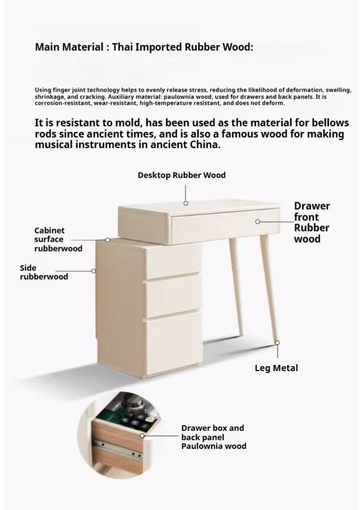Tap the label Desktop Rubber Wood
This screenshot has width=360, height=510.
tap(182, 175)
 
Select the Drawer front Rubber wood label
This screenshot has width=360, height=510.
tap(312, 222)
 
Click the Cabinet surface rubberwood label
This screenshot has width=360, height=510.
tap(58, 239)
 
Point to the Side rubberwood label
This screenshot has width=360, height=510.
tap(44, 272)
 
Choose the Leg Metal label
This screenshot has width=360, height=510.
tap(277, 368)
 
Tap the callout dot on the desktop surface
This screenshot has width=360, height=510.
tap(185, 203)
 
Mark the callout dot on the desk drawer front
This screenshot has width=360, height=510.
tap(258, 222)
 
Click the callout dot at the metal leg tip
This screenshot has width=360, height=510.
tap(277, 342)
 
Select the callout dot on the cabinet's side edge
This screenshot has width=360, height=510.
tap(94, 271)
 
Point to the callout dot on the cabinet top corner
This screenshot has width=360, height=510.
tap(107, 240)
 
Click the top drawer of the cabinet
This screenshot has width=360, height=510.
tap(173, 262)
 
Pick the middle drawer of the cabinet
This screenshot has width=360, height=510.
tap(173, 296)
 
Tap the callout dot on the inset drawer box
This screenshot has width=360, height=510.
tap(143, 435)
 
